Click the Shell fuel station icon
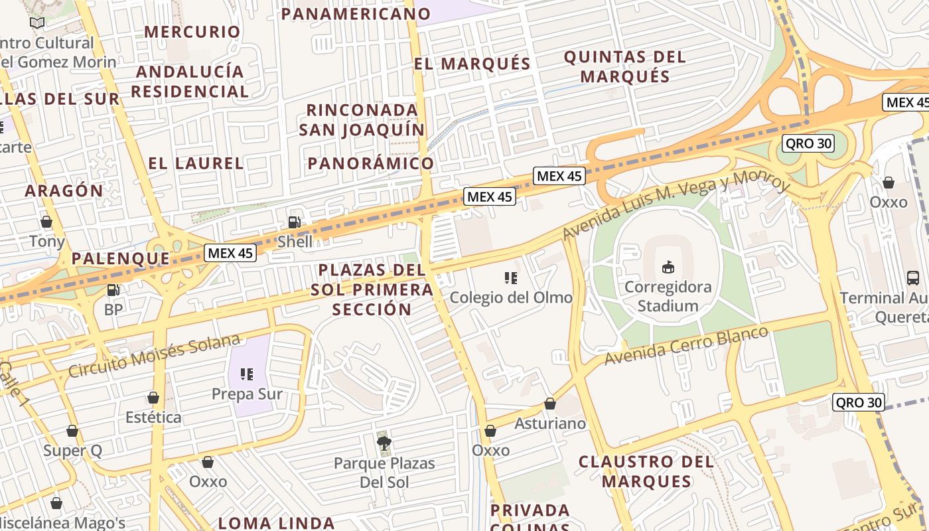[294, 222]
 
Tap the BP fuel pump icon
[113, 290]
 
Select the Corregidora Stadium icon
[668, 267]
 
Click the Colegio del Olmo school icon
[510, 277]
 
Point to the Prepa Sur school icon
[247, 374]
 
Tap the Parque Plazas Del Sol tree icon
[384, 443]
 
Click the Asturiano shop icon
[549, 404]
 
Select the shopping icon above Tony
[46, 222]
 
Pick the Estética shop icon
[153, 398]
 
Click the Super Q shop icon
[72, 431]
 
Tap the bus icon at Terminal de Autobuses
[913, 277]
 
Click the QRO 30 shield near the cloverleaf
[808, 143]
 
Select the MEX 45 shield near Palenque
[230, 253]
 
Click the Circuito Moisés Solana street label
[154, 356]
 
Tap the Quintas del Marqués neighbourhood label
[624, 66]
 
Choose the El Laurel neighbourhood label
[196, 163]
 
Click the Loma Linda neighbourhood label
[276, 522]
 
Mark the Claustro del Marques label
[646, 471]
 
